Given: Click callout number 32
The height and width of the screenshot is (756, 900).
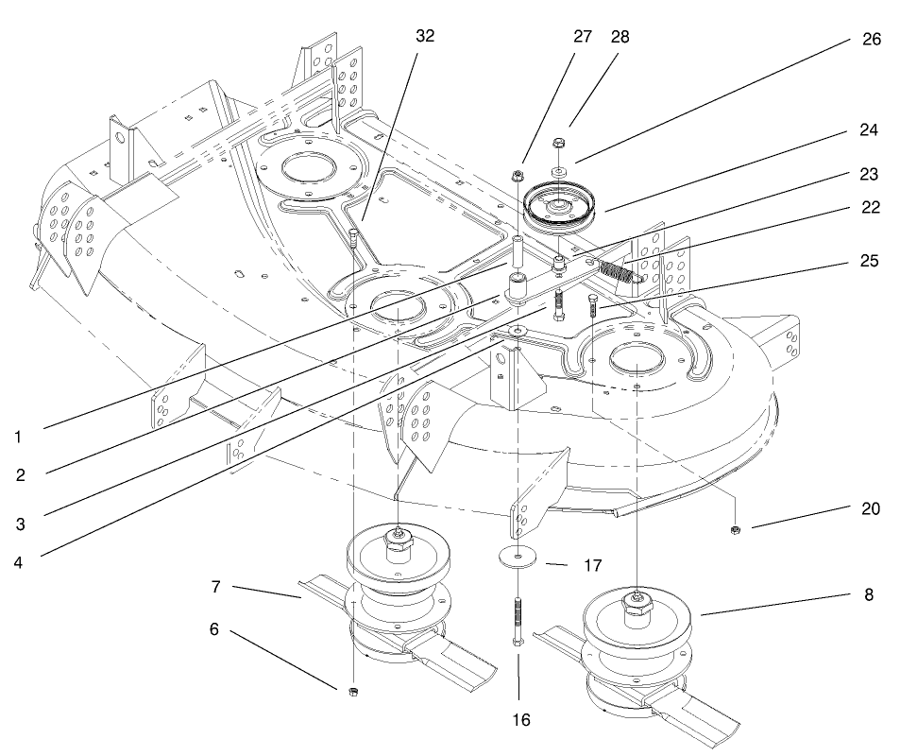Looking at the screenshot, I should [425, 36].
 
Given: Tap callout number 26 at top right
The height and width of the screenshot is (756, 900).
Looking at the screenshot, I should [870, 40].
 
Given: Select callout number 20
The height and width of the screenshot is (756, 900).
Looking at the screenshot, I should [870, 508].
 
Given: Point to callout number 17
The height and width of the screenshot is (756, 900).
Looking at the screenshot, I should [592, 567].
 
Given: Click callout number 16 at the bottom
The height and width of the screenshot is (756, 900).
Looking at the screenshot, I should [520, 719].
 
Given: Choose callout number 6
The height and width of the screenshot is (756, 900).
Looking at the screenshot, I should [213, 628].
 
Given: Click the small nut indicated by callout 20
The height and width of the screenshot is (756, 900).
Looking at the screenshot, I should [735, 530].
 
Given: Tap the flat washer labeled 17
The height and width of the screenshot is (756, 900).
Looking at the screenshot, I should [518, 556].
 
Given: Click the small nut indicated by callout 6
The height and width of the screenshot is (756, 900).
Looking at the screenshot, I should [352, 694].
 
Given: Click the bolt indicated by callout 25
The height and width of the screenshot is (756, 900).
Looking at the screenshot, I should [592, 309].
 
